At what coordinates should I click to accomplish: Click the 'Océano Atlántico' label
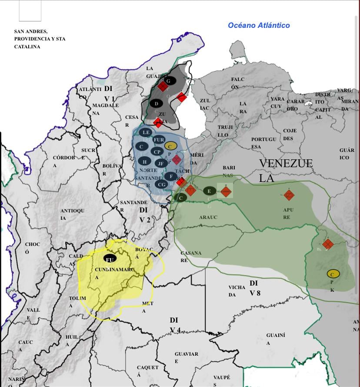pos(259,25)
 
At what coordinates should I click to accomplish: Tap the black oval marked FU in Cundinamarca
pos(110,259)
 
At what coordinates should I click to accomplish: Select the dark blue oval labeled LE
pos(146,132)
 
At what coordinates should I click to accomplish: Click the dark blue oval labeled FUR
pos(159,140)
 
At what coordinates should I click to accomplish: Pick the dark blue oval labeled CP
pos(157,152)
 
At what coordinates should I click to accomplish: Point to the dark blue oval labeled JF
pos(160,164)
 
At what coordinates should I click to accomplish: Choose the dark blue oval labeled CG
pos(161,185)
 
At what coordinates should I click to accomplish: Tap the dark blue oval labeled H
pos(144,162)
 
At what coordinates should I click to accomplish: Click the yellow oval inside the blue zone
pos(170,146)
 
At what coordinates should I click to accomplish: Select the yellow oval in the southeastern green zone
pos(333,274)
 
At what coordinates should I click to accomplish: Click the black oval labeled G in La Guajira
pos(170,81)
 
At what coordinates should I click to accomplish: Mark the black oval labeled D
pos(157,104)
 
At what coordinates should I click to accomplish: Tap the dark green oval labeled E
pos(210,191)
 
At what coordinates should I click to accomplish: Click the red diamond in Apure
pos(289,195)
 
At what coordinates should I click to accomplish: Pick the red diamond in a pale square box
pos(225,190)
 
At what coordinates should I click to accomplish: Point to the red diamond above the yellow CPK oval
pos(328,244)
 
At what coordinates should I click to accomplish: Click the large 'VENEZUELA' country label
pos(286,170)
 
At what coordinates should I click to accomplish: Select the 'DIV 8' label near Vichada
pos(255,288)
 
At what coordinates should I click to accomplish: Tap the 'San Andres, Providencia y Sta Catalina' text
pos(40,39)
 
